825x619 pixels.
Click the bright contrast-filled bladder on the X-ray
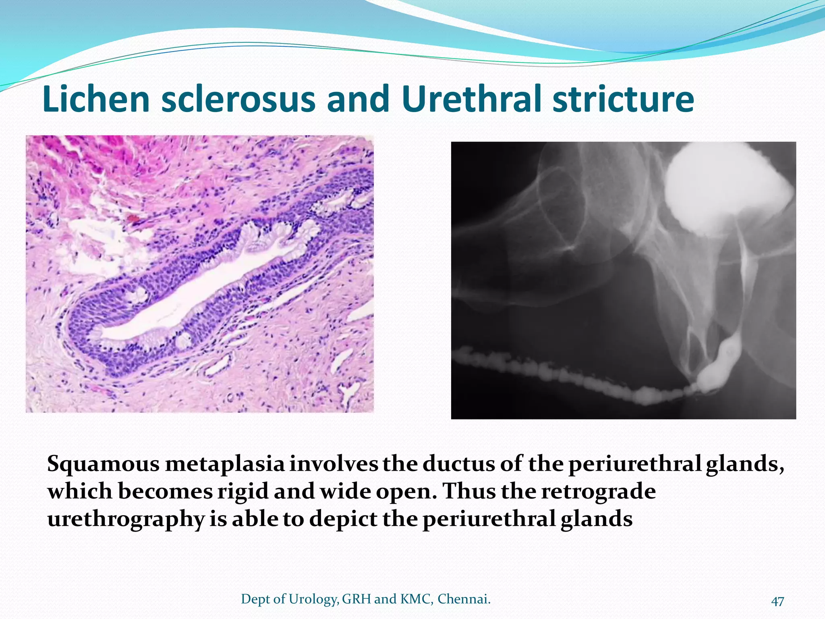point(725,189)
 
